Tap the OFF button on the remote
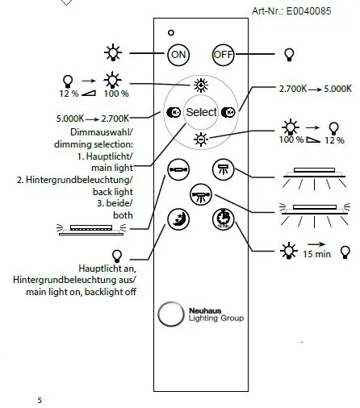click(223, 54)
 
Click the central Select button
click(201, 112)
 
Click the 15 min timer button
click(223, 219)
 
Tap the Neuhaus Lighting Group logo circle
click(170, 313)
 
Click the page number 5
click(40, 399)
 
